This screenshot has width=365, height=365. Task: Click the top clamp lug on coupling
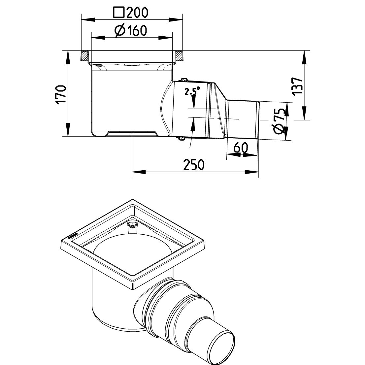tap(182, 80)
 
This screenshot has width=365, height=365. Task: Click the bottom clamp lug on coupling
tap(181, 139)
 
